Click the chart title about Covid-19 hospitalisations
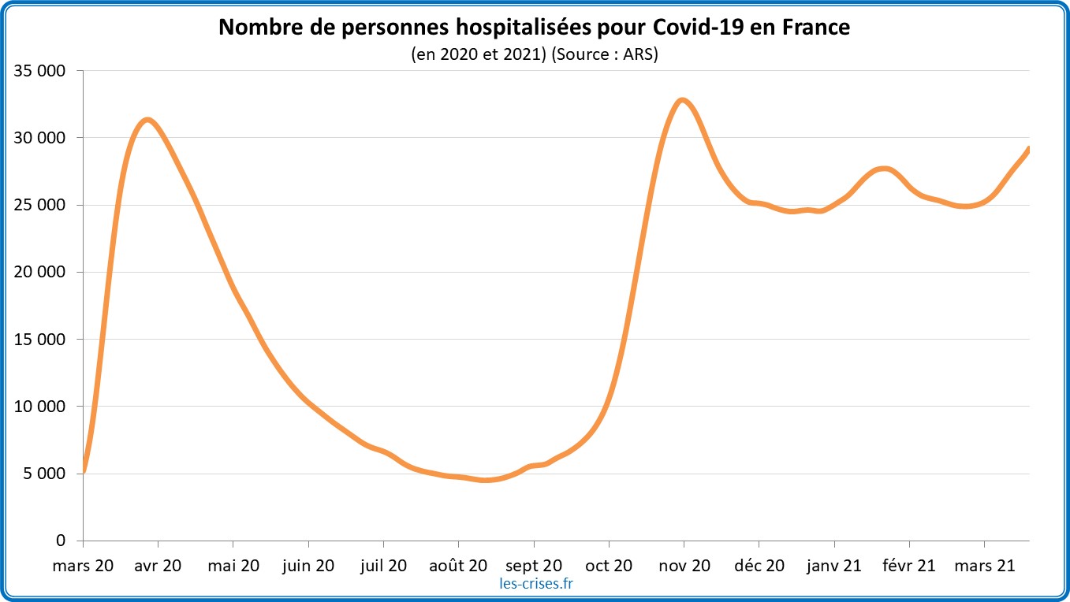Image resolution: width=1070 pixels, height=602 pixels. coord(535,28)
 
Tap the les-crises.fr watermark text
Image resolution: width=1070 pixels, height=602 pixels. coord(536,584)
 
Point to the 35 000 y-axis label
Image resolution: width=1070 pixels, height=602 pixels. coord(40,71)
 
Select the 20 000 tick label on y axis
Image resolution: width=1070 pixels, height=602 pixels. coord(40,273)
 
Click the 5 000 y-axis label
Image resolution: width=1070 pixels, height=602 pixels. coord(44,474)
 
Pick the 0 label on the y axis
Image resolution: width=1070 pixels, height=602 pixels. coord(62,541)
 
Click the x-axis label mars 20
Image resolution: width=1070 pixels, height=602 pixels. coord(83,565)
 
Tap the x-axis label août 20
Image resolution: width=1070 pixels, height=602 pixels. coord(458,565)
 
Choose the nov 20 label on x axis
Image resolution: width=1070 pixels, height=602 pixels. coord(684,565)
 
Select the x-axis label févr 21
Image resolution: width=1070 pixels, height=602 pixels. coord(909,565)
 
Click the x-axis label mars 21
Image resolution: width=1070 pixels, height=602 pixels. coord(984,565)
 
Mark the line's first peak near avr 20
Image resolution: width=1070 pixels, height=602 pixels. coord(147,120)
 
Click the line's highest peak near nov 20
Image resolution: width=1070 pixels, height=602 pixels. coord(683,100)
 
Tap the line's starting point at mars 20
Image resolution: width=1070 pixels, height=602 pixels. coord(84,470)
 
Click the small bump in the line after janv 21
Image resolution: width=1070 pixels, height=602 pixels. coord(884,169)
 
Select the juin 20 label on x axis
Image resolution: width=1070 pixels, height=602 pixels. coord(308,565)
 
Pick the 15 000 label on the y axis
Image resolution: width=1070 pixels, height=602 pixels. coord(40,340)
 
